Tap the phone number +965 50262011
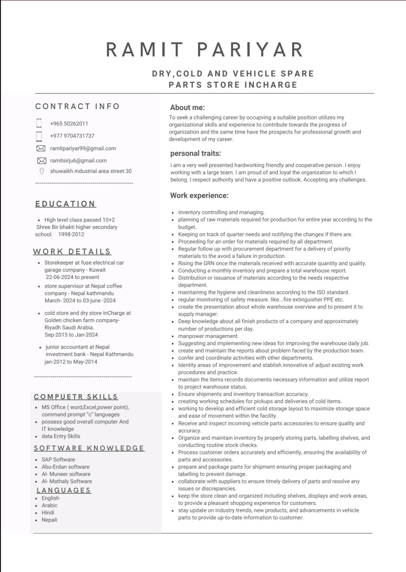tap(69, 124)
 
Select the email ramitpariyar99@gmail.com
tap(83, 149)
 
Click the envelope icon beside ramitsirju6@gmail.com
tap(42, 161)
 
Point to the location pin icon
tap(42, 171)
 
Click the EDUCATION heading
tap(65, 204)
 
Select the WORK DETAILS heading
tap(72, 252)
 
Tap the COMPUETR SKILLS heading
tap(76, 397)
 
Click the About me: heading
tap(187, 108)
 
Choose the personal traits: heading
tap(195, 153)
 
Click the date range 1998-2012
tap(71, 234)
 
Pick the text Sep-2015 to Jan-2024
tap(71, 335)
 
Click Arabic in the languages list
tap(49, 505)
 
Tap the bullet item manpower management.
tap(208, 336)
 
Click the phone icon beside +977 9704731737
tap(39, 136)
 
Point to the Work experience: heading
tap(199, 196)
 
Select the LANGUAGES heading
tap(64, 490)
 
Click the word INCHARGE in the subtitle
tap(271, 85)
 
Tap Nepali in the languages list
tap(49, 520)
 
